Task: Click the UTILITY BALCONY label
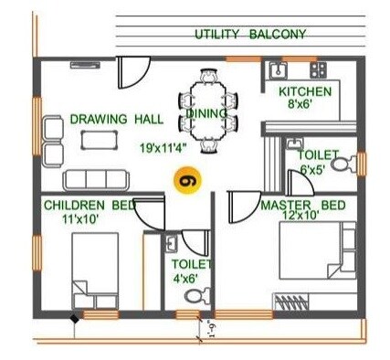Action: click(x=250, y=35)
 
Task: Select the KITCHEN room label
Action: click(x=305, y=92)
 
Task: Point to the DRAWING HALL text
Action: click(x=116, y=119)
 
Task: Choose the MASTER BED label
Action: click(x=302, y=206)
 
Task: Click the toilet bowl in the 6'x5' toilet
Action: click(x=340, y=165)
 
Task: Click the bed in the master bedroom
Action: click(x=312, y=257)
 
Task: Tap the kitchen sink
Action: click(x=278, y=69)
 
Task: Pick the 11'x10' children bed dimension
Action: click(x=78, y=220)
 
